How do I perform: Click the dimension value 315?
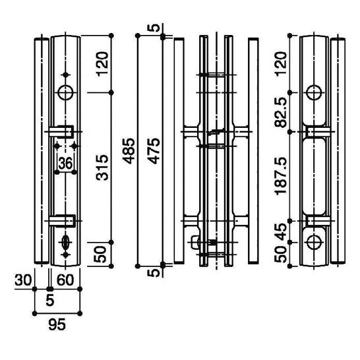click(x=102, y=167)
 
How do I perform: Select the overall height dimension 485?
click(x=130, y=151)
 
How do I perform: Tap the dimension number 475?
click(x=154, y=151)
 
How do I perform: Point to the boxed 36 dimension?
click(x=65, y=164)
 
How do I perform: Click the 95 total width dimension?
click(x=57, y=324)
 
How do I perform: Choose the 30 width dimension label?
click(x=23, y=280)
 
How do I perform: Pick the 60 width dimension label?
click(x=65, y=280)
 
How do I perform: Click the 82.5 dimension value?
click(x=281, y=112)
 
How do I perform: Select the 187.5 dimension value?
click(x=281, y=176)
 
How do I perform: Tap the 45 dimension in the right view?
click(x=281, y=231)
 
